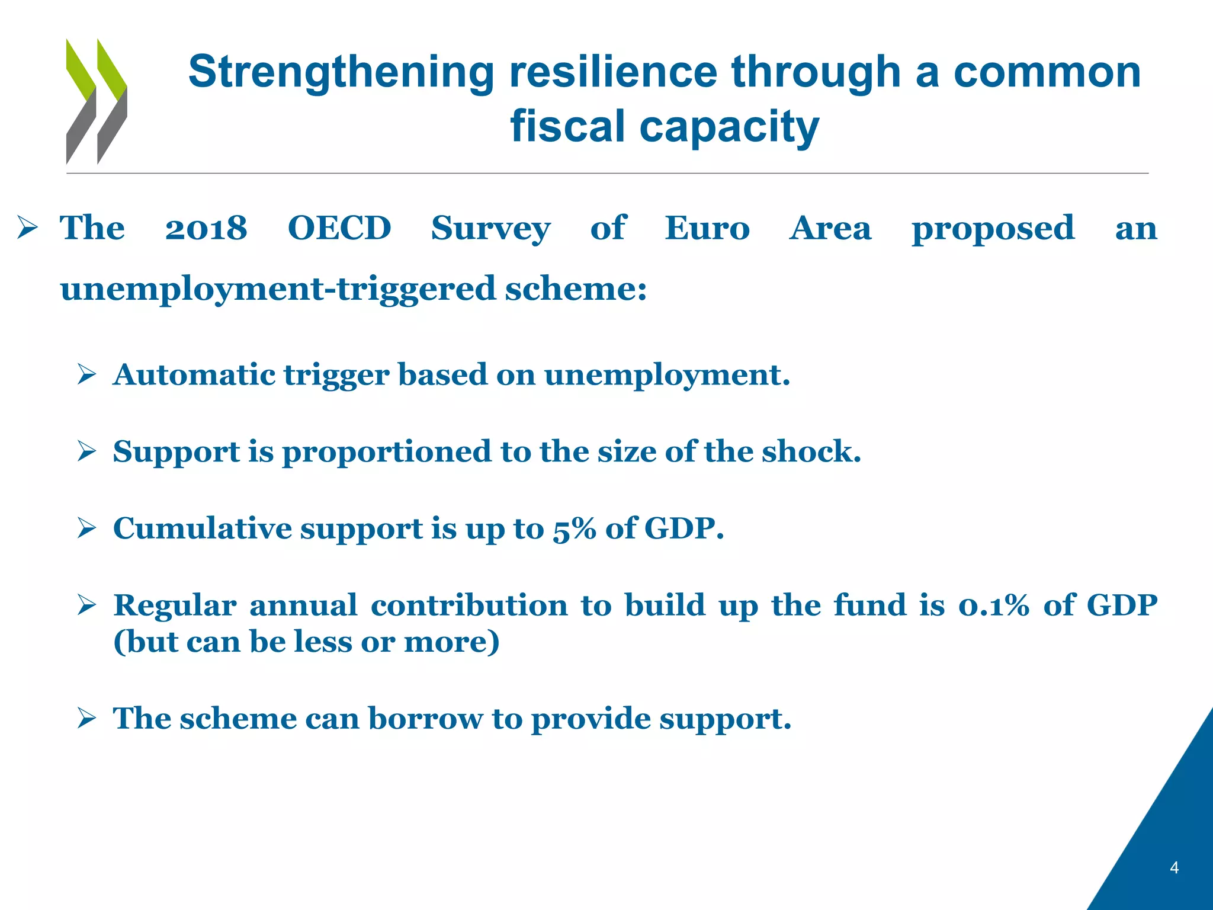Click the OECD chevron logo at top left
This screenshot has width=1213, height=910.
pyautogui.click(x=97, y=101)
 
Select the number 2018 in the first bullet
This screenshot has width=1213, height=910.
pyautogui.click(x=206, y=229)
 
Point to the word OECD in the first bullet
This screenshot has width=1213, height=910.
pyautogui.click(x=339, y=229)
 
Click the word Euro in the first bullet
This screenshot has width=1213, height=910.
pyautogui.click(x=707, y=229)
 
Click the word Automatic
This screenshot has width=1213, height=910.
pyautogui.click(x=194, y=375)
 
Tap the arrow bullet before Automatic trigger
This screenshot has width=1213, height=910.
pyautogui.click(x=86, y=375)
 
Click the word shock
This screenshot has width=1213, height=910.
pyautogui.click(x=811, y=452)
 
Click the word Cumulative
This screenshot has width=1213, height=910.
pyautogui.click(x=202, y=528)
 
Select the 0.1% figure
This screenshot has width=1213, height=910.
pyautogui.click(x=993, y=605)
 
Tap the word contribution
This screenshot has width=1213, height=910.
pyautogui.click(x=469, y=605)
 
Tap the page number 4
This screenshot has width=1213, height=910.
pyautogui.click(x=1174, y=869)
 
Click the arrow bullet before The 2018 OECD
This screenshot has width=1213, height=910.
pyautogui.click(x=27, y=229)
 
